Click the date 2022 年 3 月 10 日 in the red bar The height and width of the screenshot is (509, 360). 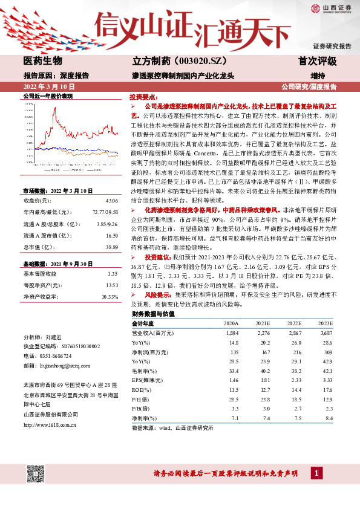coord(48,86)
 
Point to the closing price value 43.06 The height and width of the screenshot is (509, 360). coord(111,183)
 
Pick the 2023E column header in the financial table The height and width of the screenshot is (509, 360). coord(326,323)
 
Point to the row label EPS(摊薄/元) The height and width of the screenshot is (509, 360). coord(148,380)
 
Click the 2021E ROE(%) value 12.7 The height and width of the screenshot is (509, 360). coord(264,389)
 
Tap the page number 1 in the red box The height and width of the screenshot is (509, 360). coord(317,472)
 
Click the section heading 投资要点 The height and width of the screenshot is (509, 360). coord(143,96)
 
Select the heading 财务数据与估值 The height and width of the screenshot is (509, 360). coord(153,314)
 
